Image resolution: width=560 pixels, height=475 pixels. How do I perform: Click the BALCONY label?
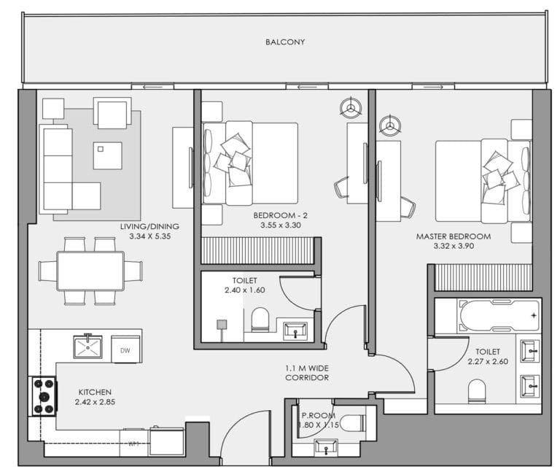[x=285, y=42]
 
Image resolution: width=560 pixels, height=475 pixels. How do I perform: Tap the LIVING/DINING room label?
[x=149, y=226]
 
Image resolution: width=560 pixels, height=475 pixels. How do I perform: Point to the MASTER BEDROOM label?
[x=453, y=236]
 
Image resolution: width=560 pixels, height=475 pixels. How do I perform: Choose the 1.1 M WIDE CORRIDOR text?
[x=306, y=374]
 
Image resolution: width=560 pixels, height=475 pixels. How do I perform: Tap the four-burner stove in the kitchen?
[x=42, y=396]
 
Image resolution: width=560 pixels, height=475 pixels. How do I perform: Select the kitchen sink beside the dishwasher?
[x=88, y=346]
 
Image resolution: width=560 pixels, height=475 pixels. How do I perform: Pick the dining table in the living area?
[x=90, y=271]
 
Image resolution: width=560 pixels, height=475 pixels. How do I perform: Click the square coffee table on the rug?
[x=108, y=155]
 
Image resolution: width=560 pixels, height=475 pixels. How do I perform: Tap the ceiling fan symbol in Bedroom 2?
[x=351, y=108]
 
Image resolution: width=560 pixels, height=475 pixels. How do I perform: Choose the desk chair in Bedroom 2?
[x=342, y=188]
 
